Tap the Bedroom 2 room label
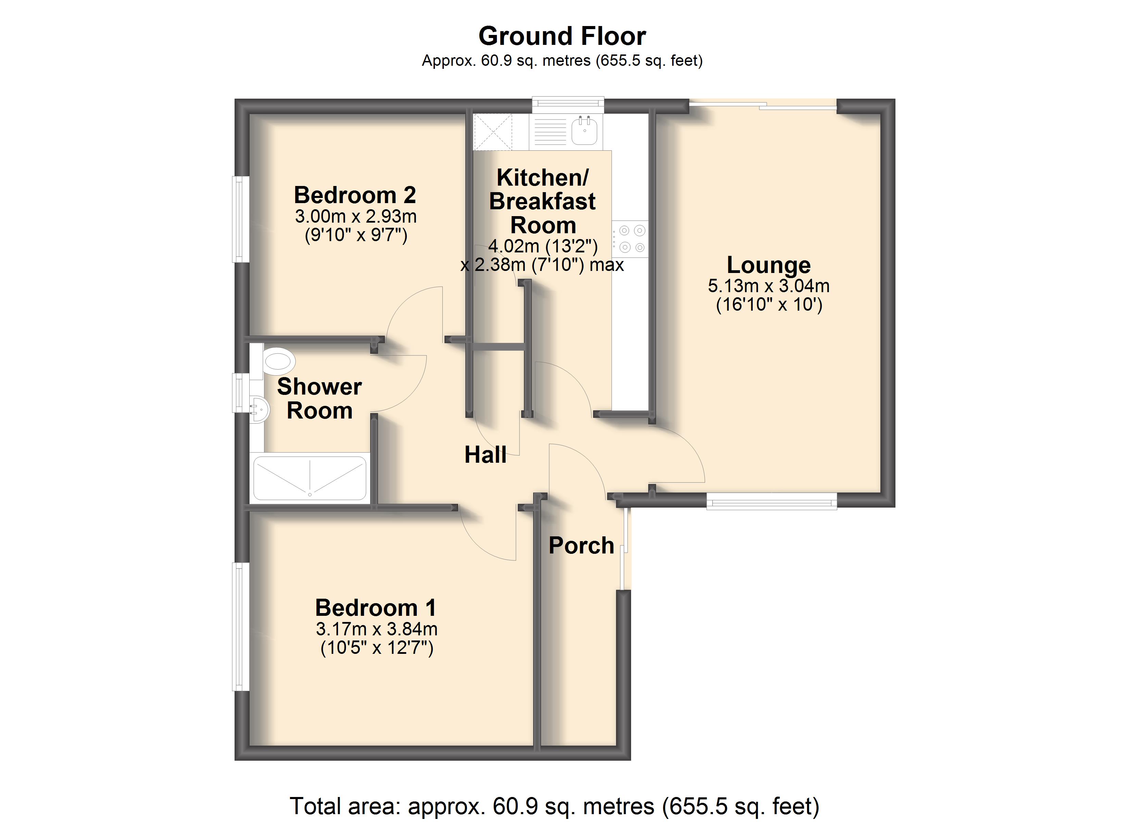[x=355, y=195]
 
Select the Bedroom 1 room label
[x=376, y=608]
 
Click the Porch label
[x=581, y=545]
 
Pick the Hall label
[x=485, y=454]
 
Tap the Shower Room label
[x=319, y=398]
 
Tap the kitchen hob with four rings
[x=630, y=239]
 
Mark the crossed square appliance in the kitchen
[x=492, y=132]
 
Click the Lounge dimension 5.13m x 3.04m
[x=769, y=286]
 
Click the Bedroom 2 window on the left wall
[x=241, y=219]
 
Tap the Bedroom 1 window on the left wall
[x=241, y=626]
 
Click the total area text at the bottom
[x=554, y=806]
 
